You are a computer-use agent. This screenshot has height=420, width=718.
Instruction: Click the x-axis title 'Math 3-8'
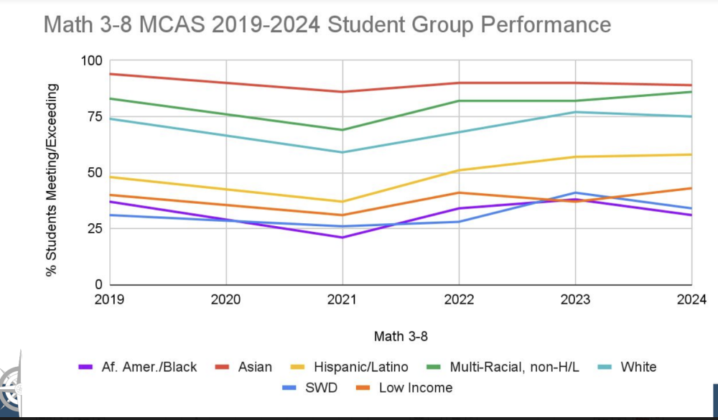tap(400, 336)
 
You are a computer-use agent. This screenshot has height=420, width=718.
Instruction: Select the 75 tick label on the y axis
tap(95, 117)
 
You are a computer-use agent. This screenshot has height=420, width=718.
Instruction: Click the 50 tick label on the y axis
tap(95, 173)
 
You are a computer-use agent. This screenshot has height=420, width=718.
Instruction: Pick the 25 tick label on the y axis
tap(95, 229)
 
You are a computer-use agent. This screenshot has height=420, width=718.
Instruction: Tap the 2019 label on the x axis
tap(110, 299)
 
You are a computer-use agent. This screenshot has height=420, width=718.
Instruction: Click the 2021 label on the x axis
tap(342, 299)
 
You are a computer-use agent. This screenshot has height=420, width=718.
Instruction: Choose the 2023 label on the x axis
tap(575, 299)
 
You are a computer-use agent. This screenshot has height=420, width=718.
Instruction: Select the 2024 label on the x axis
tap(691, 299)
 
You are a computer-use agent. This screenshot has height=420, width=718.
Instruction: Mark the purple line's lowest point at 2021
tap(342, 238)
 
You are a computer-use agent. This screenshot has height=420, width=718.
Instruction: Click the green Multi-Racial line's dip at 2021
tap(342, 130)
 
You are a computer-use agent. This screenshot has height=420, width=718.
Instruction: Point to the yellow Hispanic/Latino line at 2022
tap(459, 170)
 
